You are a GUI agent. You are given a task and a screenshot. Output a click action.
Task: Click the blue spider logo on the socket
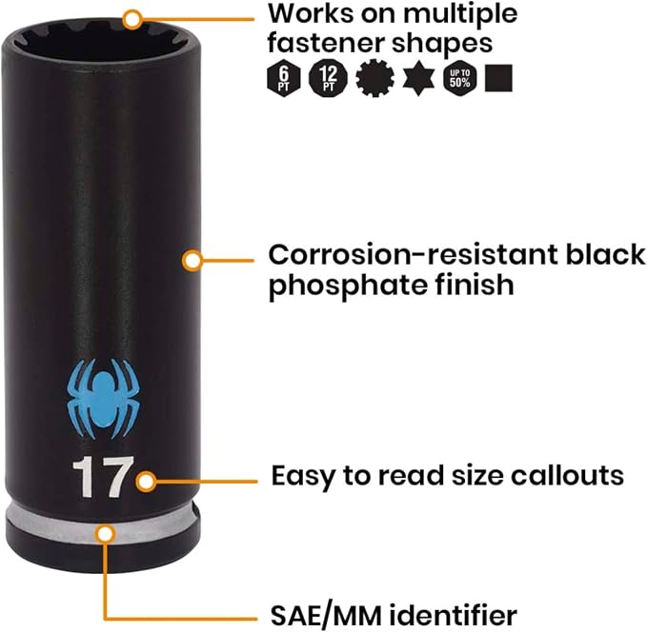tap(103, 399)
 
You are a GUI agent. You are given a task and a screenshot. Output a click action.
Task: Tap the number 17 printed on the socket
tap(103, 477)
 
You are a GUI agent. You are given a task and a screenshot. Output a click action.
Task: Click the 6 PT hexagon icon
tap(283, 78)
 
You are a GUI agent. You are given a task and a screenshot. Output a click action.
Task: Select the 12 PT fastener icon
tap(328, 78)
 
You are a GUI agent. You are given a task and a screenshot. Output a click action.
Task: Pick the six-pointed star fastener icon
tap(418, 78)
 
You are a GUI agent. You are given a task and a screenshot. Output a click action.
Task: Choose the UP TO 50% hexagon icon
tap(459, 78)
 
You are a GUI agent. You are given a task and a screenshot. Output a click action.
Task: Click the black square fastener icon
tap(498, 78)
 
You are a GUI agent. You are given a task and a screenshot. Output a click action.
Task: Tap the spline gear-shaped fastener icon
tap(374, 78)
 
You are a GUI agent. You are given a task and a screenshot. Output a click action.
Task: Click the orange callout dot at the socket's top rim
tap(132, 19)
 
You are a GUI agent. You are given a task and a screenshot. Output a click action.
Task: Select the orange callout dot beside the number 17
tap(146, 481)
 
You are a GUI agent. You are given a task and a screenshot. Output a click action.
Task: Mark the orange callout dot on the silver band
tap(105, 533)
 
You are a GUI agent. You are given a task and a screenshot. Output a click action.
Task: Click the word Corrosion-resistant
tap(413, 254)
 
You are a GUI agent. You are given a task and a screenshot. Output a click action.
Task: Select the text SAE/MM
tap(326, 616)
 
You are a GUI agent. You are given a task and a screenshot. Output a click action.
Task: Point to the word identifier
tap(453, 615)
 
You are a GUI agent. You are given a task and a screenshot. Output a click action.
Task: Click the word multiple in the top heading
tap(460, 15)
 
